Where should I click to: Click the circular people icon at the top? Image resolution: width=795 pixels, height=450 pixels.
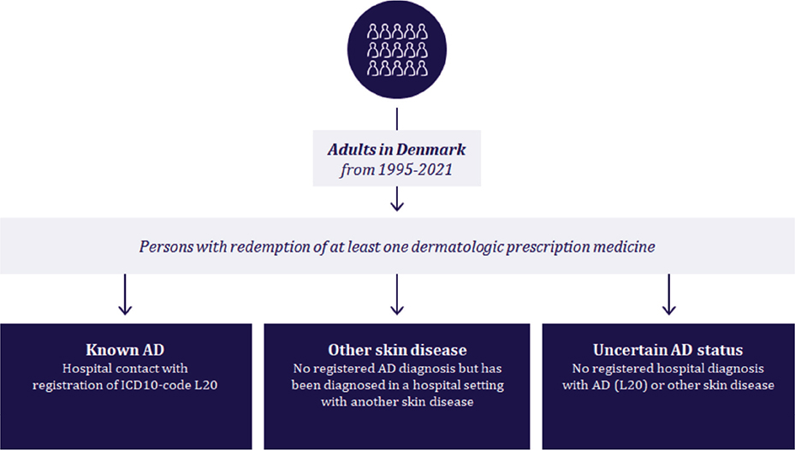[x=397, y=49]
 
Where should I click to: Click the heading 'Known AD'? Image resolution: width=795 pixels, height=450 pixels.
[x=125, y=350]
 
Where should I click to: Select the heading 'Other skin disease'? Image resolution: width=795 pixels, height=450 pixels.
[x=397, y=350]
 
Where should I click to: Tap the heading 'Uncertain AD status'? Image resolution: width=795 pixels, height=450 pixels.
[x=668, y=350]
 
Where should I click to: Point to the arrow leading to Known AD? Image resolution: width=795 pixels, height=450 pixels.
[x=125, y=294]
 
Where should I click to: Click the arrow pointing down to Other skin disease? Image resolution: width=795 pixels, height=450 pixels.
[x=397, y=294]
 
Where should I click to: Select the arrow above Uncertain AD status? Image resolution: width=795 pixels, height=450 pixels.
[x=668, y=294]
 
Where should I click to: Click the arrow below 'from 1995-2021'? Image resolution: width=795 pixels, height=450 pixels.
[x=397, y=198]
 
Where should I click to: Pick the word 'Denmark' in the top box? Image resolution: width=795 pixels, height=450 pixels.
[x=431, y=150]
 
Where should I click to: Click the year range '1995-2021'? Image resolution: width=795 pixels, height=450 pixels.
[x=415, y=169]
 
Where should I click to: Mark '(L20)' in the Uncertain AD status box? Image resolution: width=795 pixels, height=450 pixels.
[x=628, y=385]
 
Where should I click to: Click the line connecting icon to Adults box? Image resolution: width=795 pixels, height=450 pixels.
[x=397, y=119]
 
